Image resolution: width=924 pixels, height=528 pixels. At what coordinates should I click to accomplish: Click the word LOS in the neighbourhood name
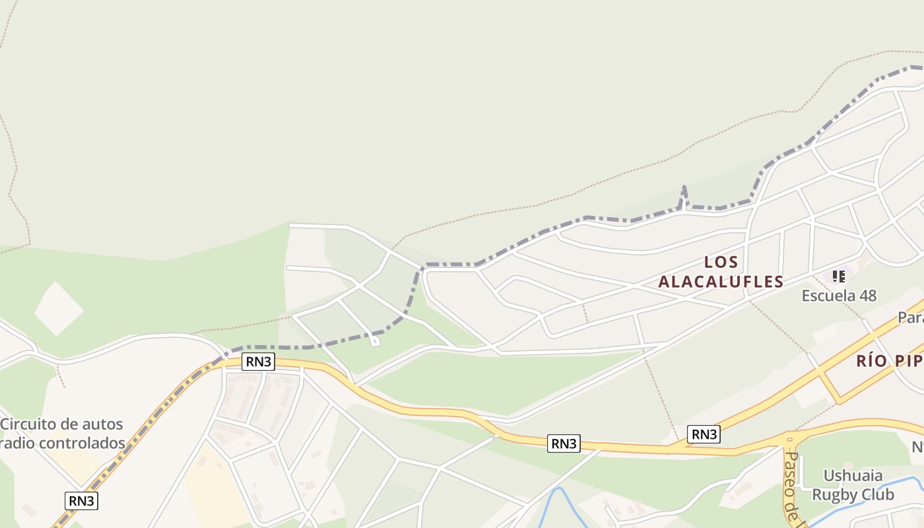721,262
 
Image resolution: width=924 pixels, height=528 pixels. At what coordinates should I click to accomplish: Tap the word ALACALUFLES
721,282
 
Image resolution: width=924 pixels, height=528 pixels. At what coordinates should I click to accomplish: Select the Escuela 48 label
839,296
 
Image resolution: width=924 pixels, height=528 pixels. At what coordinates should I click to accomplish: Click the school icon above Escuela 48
839,276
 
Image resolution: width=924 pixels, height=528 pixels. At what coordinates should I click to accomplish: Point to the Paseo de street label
792,485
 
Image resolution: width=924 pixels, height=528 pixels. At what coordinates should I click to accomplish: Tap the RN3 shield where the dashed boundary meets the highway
257,362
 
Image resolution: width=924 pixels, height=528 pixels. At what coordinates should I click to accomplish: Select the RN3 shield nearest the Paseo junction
704,434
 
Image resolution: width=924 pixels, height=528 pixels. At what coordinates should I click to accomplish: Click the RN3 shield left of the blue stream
564,444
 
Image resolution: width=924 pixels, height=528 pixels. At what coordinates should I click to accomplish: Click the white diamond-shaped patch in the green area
59,308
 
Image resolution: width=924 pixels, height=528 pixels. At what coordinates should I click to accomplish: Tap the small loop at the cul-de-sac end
375,341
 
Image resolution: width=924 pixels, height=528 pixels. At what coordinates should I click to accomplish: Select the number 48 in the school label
868,296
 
